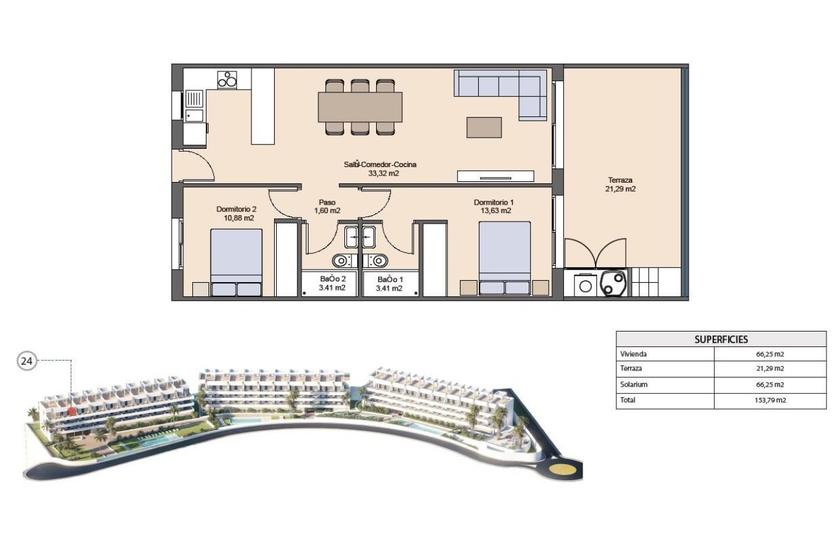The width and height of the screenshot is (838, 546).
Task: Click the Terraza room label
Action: [620, 180]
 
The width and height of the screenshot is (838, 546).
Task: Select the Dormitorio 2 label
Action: [236, 209]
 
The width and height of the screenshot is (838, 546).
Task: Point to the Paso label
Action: [327, 202]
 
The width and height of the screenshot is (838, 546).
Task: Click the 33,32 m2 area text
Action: [381, 174]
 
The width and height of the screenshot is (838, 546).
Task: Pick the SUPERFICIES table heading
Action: [721, 339]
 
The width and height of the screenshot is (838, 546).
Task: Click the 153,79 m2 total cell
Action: [770, 400]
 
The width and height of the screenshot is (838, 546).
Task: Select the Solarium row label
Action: [635, 385]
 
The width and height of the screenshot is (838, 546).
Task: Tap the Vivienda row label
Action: [635, 354]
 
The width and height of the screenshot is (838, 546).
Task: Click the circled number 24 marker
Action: [27, 361]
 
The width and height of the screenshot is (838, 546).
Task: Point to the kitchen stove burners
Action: [227, 79]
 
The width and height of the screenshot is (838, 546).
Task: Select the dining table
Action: [360, 107]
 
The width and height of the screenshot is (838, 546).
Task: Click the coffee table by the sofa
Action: [484, 127]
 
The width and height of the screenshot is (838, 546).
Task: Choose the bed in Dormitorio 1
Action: [505, 258]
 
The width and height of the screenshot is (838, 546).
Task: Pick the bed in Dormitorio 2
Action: [236, 263]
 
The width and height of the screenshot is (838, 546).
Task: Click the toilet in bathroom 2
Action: [340, 261]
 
